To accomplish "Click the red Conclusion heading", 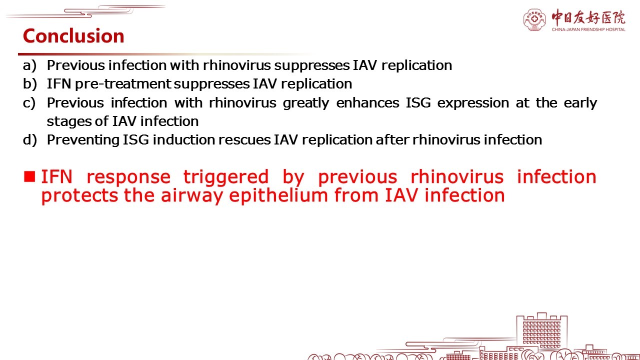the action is click(73, 36).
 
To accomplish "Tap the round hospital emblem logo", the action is click(534, 19).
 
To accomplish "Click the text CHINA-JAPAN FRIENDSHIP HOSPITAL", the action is click(588, 29).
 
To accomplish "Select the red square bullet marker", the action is click(29, 176).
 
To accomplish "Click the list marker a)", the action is click(29, 65).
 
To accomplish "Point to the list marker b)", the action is click(30, 84).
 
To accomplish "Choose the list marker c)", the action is click(29, 103).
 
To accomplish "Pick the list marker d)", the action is click(30, 140).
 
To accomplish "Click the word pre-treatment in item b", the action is click(123, 84).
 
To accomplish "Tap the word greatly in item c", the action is click(306, 103).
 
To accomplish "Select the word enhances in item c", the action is click(367, 103).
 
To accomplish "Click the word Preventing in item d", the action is click(83, 140).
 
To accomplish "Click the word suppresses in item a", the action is click(312, 66).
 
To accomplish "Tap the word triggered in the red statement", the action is click(226, 177).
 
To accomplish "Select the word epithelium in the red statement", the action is click(278, 196).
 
